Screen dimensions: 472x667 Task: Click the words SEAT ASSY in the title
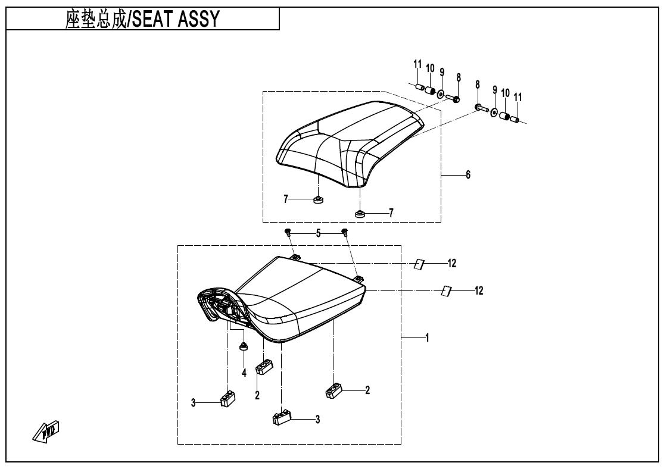(176, 20)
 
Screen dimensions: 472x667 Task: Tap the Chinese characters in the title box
(95, 20)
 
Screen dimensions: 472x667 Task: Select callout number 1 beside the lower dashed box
(427, 337)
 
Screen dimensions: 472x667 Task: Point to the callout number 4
(244, 373)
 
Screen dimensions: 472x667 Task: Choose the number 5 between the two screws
(318, 234)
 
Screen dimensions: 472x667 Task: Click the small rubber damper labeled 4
(243, 346)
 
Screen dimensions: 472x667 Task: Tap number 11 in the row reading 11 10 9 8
(417, 64)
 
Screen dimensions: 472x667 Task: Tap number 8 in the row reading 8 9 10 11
(477, 85)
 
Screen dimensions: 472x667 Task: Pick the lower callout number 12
(479, 290)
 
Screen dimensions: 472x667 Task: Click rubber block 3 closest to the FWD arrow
(227, 398)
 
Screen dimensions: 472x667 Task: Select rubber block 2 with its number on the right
(333, 390)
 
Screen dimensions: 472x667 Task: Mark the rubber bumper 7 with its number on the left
(318, 199)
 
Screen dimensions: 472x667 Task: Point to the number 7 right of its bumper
(391, 212)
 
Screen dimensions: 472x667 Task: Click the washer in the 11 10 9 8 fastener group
(441, 94)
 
